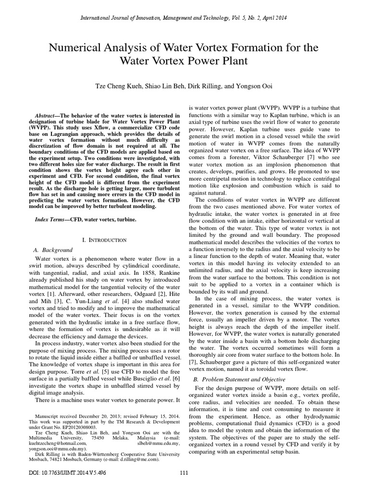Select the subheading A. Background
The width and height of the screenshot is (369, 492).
click(x=53, y=250)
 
